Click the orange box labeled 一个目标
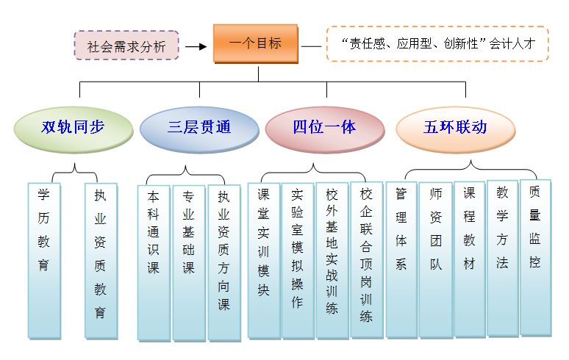click(x=257, y=43)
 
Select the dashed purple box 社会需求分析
click(x=126, y=46)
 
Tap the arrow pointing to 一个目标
click(x=195, y=46)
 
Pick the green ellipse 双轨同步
click(x=72, y=128)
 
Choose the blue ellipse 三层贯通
click(x=198, y=128)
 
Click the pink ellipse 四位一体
click(x=324, y=128)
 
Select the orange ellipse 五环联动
click(x=454, y=128)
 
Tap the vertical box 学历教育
click(x=44, y=260)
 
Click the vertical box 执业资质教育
click(x=100, y=260)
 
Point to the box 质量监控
click(x=535, y=256)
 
